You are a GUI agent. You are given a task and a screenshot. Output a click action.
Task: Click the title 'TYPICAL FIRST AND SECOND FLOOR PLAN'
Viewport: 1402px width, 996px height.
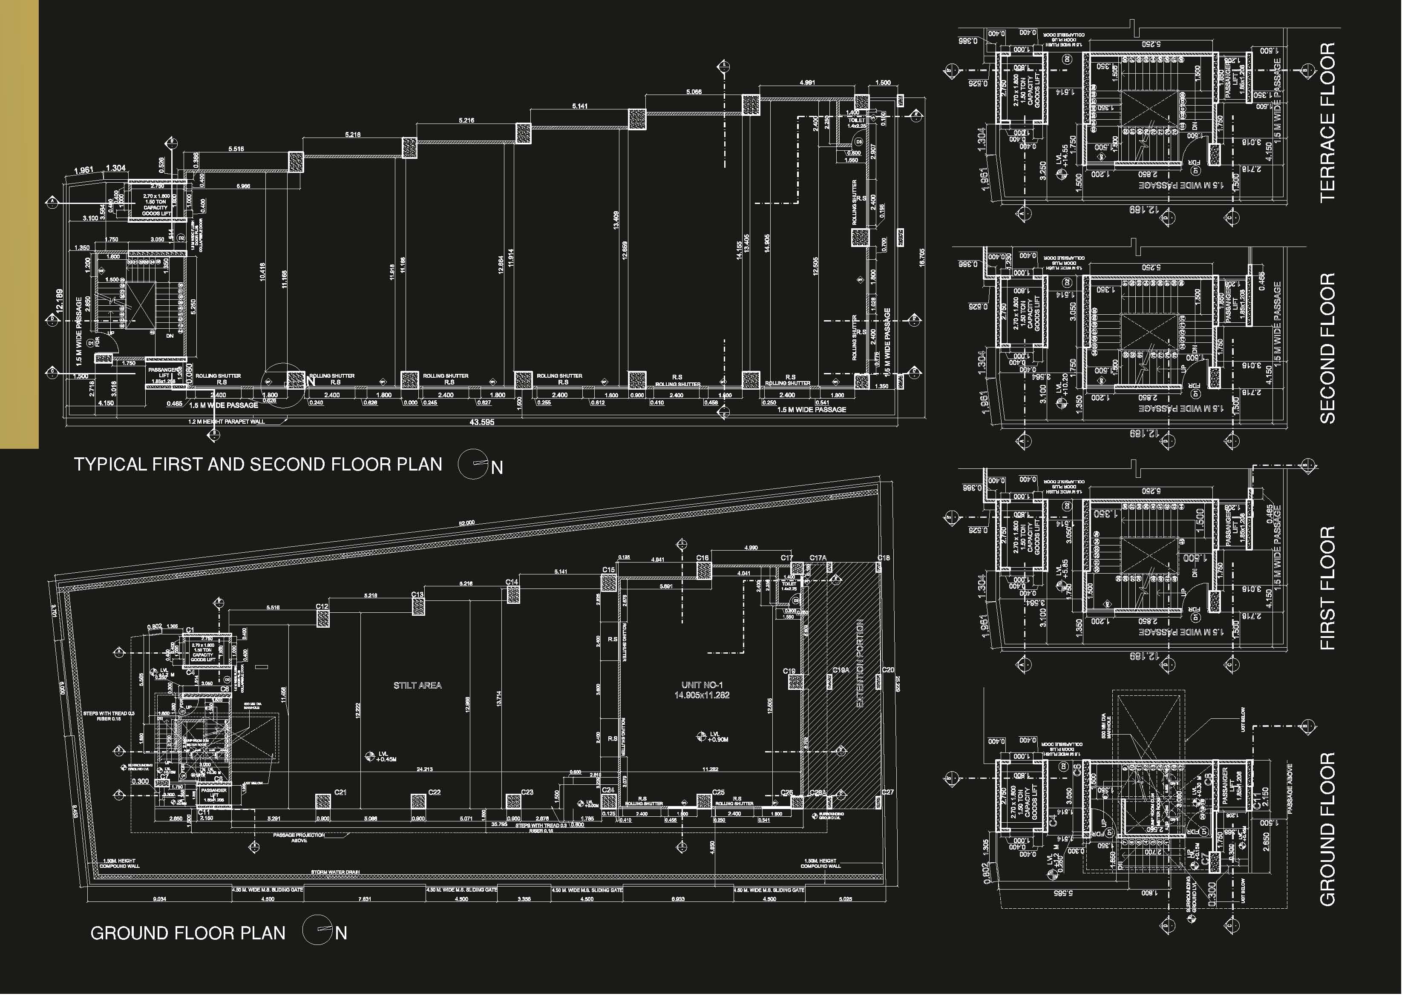tap(258, 464)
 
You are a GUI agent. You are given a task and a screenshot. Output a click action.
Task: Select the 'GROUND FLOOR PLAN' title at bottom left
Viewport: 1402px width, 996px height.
tap(188, 933)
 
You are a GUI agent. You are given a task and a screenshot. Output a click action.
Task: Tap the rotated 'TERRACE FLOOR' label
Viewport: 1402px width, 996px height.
tap(1327, 122)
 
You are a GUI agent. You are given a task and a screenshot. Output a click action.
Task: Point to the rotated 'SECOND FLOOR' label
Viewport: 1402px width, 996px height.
tap(1327, 348)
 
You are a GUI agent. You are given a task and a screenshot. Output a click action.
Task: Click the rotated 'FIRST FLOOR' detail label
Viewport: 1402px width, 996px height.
tap(1327, 588)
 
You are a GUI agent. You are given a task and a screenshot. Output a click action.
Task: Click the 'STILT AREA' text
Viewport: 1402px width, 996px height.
tap(417, 685)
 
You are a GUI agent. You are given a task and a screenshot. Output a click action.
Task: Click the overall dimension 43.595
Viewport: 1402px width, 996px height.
tap(482, 422)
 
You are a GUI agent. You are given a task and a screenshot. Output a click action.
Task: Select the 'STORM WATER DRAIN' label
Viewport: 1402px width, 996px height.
tap(335, 872)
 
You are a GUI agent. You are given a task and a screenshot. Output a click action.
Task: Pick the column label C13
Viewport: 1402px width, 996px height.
tap(417, 595)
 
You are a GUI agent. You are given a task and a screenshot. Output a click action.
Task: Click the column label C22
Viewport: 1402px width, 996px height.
tap(435, 792)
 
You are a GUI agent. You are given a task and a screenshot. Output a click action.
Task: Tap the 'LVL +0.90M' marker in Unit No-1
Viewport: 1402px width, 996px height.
tap(718, 737)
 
